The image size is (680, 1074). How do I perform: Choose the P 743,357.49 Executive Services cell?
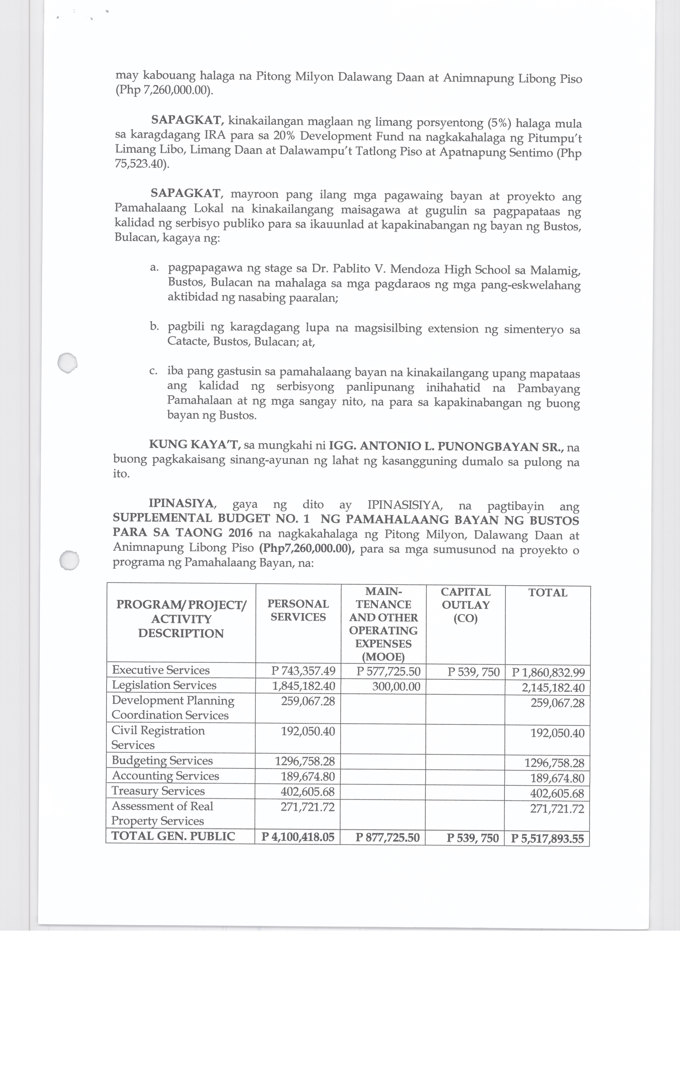pos(303,671)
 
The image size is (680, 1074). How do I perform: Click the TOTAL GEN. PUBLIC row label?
pos(173,836)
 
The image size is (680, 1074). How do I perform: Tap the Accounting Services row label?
pos(165,776)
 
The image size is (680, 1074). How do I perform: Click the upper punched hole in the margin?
pos(68,362)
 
